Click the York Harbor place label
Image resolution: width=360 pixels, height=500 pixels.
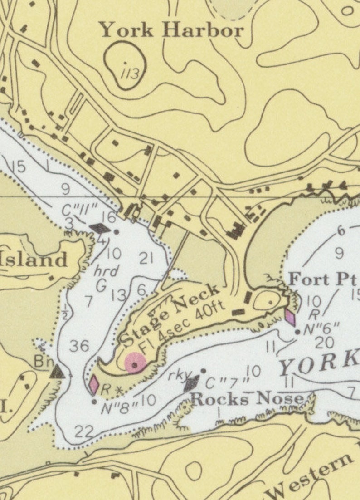[x=171, y=30]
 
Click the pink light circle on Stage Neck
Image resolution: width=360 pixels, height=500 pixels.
[x=135, y=363]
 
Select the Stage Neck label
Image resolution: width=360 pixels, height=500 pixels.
[x=169, y=314]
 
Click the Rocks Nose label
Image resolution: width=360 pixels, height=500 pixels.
[x=247, y=399]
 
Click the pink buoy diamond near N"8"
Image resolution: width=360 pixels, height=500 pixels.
[x=94, y=384]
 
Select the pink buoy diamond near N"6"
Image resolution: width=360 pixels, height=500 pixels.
[x=290, y=317]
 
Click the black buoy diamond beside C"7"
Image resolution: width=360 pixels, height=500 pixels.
[x=192, y=383]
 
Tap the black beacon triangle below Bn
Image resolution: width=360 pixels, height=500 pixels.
[x=57, y=373]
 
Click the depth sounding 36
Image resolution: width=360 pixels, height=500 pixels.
[x=79, y=347]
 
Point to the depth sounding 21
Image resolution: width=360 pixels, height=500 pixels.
[x=146, y=259]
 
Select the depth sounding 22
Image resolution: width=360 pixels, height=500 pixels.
[x=83, y=432]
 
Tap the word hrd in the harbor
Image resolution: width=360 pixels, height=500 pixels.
[x=106, y=271]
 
